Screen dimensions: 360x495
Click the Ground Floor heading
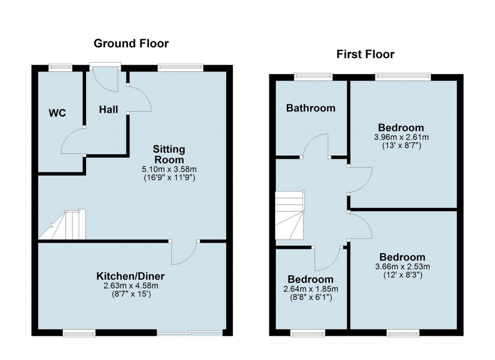coord(131,44)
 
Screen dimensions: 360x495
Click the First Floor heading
coord(365,54)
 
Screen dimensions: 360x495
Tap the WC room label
coord(57,114)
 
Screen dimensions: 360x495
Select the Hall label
coord(108,110)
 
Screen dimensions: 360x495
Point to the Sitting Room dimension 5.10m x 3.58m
coord(169,169)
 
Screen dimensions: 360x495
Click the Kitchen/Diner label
coord(131,276)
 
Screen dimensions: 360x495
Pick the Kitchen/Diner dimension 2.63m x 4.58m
coord(131,286)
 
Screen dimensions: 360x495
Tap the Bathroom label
coord(310,108)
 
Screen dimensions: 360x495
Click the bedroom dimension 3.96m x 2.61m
coord(401,137)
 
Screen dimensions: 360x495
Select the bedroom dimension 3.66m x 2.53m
coord(402,267)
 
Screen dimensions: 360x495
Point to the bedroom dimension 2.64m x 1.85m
coord(310,289)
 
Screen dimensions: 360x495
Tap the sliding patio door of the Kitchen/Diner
coord(189,332)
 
